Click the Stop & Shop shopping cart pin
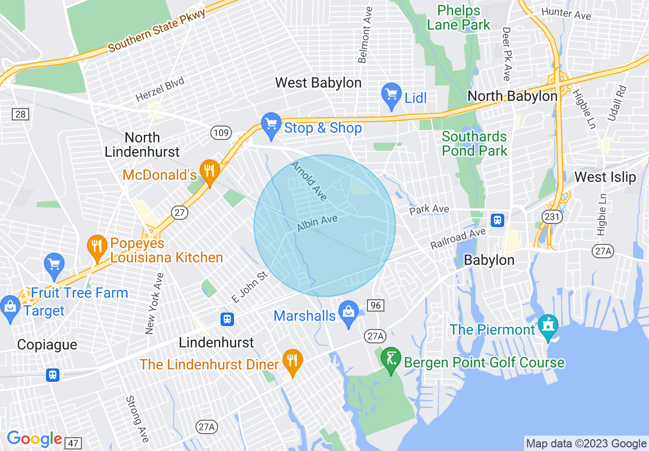[271, 124]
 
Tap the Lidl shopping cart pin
[392, 95]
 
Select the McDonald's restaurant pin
[209, 171]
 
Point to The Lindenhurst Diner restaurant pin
[292, 361]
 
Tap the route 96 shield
[376, 305]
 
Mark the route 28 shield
[20, 114]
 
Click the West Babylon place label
[318, 83]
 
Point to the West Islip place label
[605, 177]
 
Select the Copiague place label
[47, 344]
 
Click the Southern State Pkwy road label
[157, 32]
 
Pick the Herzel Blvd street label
[160, 90]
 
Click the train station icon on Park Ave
[497, 220]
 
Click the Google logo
[34, 439]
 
